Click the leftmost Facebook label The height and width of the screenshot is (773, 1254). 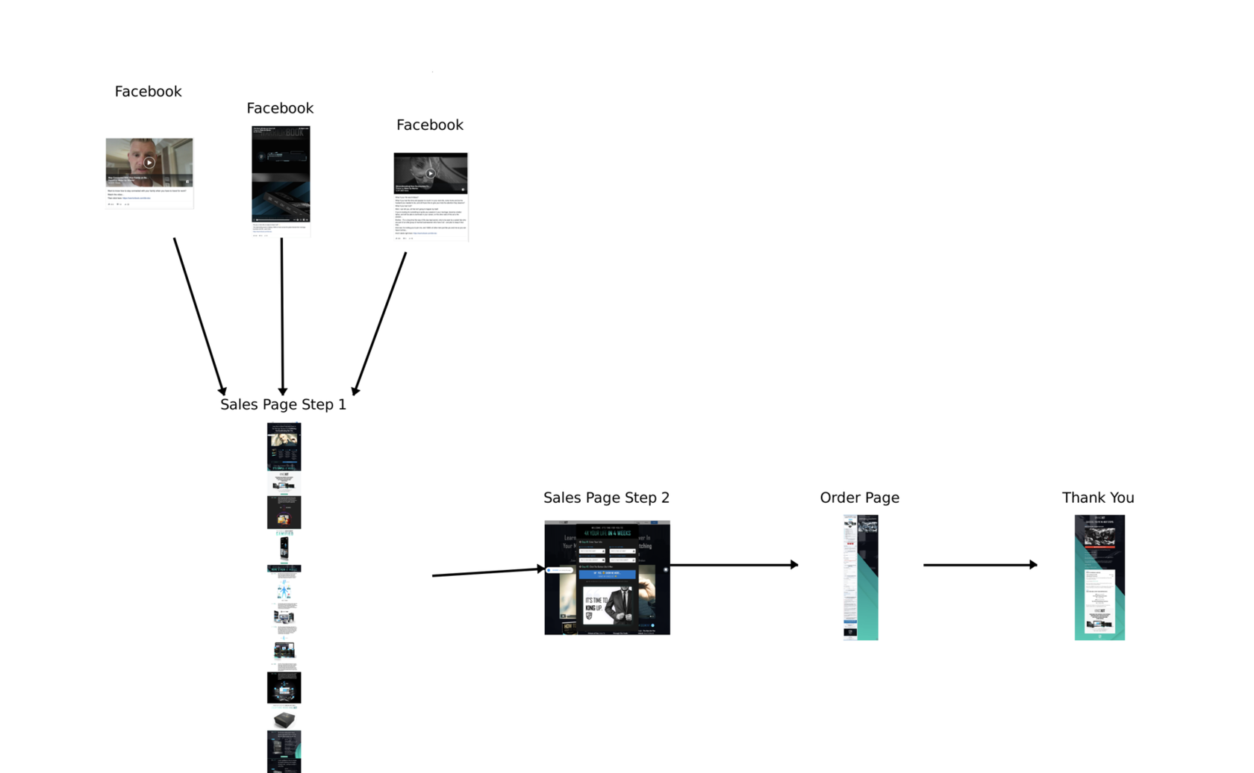[x=148, y=92]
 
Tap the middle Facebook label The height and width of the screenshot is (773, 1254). [x=280, y=108]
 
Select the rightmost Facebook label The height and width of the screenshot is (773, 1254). [x=429, y=125]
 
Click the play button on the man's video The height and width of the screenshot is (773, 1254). [x=149, y=162]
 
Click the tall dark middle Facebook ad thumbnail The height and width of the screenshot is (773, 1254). [x=281, y=179]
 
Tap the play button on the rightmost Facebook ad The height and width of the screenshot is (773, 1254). [x=431, y=173]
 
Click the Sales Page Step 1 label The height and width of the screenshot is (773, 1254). [x=283, y=404]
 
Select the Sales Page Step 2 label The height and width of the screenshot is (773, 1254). [x=606, y=498]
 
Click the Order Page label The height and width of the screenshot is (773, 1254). [x=859, y=498]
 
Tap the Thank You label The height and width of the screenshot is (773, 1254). [x=1098, y=498]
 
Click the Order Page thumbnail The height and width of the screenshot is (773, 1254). [x=861, y=577]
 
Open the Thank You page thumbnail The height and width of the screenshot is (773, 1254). [x=1099, y=577]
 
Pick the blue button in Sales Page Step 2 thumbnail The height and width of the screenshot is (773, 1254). [x=607, y=574]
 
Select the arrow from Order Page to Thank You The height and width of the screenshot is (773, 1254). [x=979, y=565]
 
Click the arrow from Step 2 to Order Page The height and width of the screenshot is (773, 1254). [x=734, y=565]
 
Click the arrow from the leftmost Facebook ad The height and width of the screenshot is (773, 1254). [x=199, y=316]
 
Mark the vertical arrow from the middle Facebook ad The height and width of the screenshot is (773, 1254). [x=282, y=316]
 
